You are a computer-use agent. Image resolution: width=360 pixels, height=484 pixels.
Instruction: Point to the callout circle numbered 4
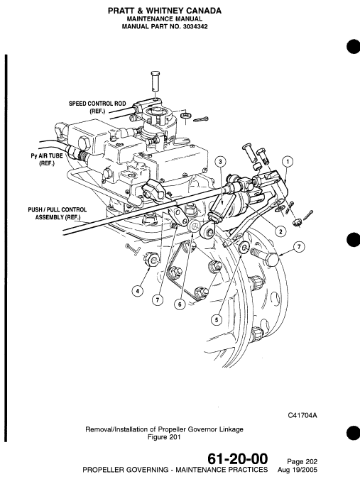point(138,290)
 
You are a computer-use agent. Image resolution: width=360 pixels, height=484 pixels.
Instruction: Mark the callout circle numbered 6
point(180,302)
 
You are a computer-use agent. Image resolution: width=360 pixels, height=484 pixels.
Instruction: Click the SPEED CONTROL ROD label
point(97,107)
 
